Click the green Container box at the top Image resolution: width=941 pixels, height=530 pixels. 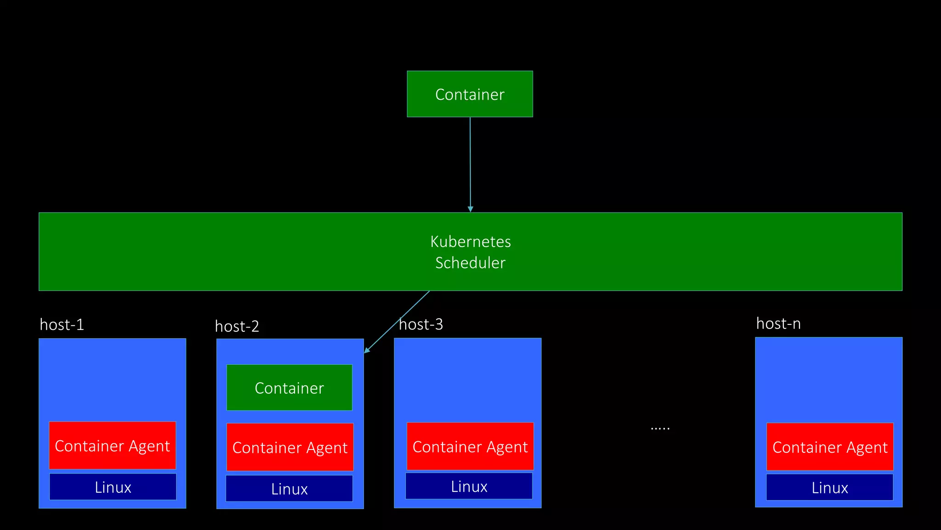(x=470, y=94)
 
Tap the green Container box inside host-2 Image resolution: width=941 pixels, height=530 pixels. (x=289, y=387)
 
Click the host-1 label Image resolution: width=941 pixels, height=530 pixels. (x=62, y=325)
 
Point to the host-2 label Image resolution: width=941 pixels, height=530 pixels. (x=237, y=327)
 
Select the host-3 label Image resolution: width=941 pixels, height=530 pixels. (x=421, y=325)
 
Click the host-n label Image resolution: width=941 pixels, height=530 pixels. (x=778, y=324)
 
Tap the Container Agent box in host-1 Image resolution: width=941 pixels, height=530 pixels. (x=112, y=445)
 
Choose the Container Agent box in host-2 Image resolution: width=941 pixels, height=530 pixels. (x=290, y=447)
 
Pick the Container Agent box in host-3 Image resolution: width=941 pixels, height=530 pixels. (x=470, y=446)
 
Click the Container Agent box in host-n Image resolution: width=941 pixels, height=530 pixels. (x=830, y=447)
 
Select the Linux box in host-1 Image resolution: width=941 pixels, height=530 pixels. (x=113, y=487)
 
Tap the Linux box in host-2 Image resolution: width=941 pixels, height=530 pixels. (x=289, y=489)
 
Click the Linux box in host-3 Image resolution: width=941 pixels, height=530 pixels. (x=469, y=486)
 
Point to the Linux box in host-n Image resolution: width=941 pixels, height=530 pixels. (x=829, y=487)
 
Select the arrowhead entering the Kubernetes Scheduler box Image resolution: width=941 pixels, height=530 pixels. (x=470, y=209)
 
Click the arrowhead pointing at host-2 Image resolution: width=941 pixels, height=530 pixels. (x=367, y=351)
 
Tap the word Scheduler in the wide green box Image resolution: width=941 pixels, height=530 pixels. (x=470, y=263)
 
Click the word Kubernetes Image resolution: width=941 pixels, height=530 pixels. (x=470, y=242)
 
